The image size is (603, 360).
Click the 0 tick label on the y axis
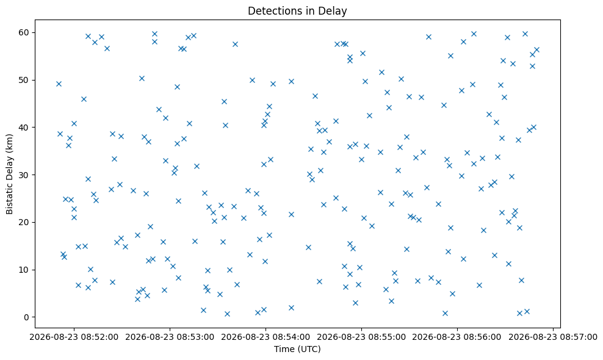27,317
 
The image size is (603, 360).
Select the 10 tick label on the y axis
24,270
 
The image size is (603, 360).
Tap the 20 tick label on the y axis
24,222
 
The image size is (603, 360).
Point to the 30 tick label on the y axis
24,175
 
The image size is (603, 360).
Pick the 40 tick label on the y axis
24,128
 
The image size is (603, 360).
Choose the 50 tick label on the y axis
24,80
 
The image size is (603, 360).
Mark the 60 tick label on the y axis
24,32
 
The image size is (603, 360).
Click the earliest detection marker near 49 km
59,84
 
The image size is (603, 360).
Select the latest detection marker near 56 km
537,49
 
